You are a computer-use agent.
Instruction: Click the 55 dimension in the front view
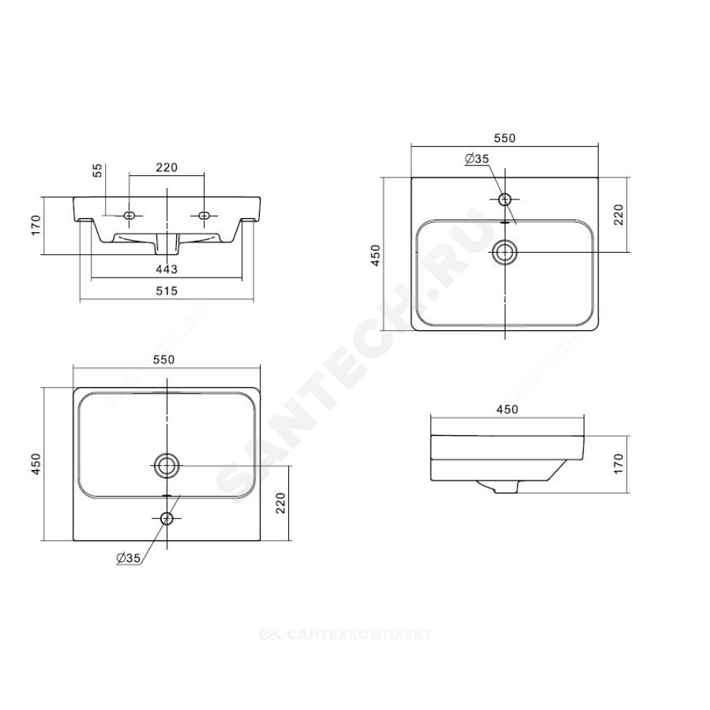[98, 170]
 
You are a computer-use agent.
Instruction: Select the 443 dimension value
[167, 269]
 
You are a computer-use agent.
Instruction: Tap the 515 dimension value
[167, 291]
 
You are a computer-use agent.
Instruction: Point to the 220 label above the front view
[167, 168]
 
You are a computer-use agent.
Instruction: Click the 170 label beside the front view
[35, 225]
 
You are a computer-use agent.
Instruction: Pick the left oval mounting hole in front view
[129, 216]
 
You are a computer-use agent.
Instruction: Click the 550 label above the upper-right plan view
[505, 138]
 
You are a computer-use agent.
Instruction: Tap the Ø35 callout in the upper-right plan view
[477, 159]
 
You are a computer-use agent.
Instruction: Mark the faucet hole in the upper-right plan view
[505, 200]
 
